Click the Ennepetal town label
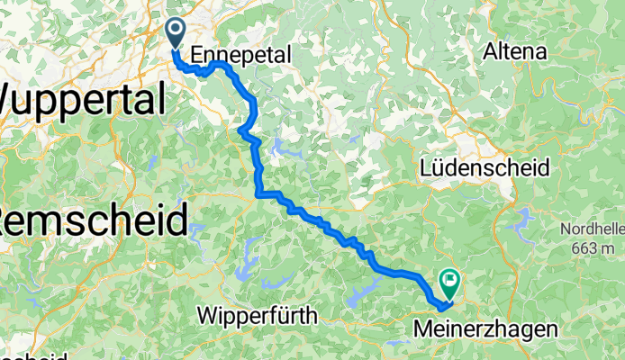[x=241, y=55]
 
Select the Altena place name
[x=515, y=51]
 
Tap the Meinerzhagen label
[x=485, y=330]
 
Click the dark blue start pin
[x=172, y=34]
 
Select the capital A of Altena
[x=491, y=51]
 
